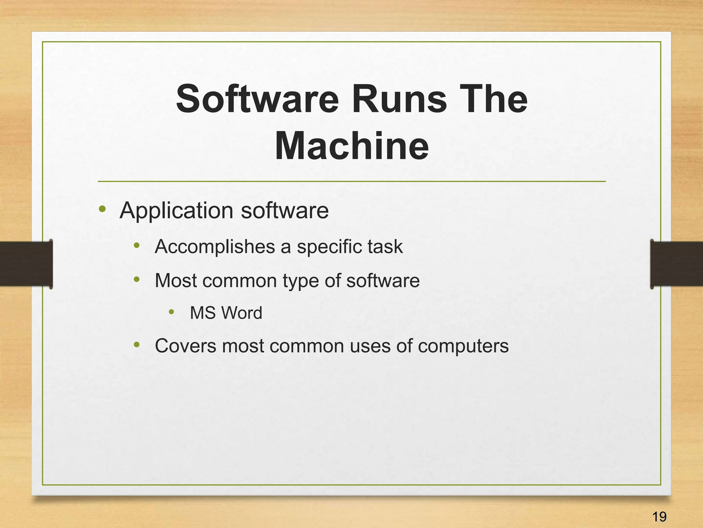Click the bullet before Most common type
[x=137, y=279]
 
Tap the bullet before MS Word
[x=172, y=312]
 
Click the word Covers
[x=185, y=346]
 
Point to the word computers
[x=463, y=346]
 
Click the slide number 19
[x=659, y=516]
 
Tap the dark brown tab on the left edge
[x=26, y=264]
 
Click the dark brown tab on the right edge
[x=677, y=264]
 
